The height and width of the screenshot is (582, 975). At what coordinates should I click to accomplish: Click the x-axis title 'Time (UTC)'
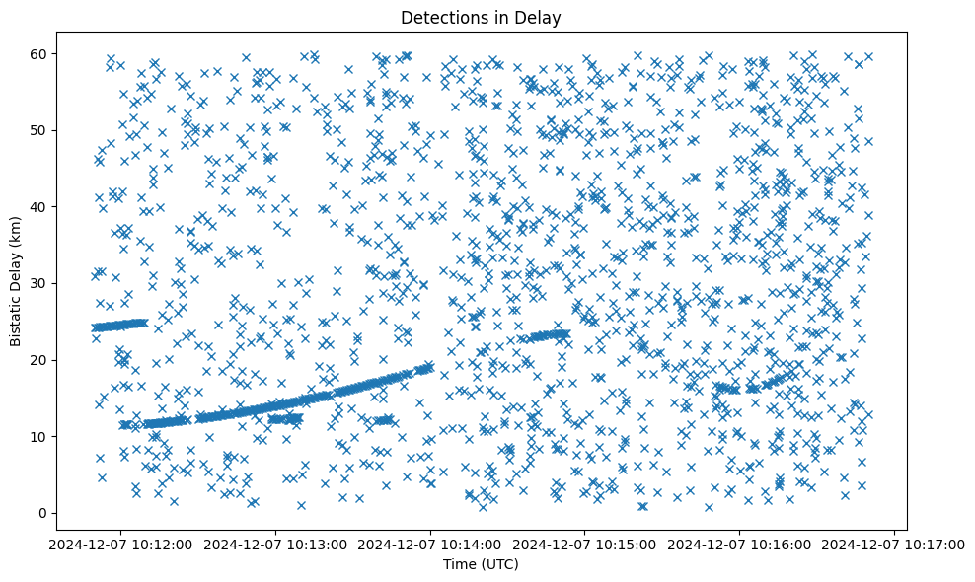pos(481,564)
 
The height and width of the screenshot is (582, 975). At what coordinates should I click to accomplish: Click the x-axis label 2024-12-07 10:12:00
pos(121,544)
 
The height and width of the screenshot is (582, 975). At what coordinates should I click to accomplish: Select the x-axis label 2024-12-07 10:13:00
pos(276,544)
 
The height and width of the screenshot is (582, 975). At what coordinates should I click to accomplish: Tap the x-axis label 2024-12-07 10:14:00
pos(431,544)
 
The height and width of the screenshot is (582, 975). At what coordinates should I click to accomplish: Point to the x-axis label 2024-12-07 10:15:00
pos(585,544)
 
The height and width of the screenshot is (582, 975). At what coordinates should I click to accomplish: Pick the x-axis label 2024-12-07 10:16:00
pos(740,544)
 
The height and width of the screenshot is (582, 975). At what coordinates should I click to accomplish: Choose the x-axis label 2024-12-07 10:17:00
pos(894,544)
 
